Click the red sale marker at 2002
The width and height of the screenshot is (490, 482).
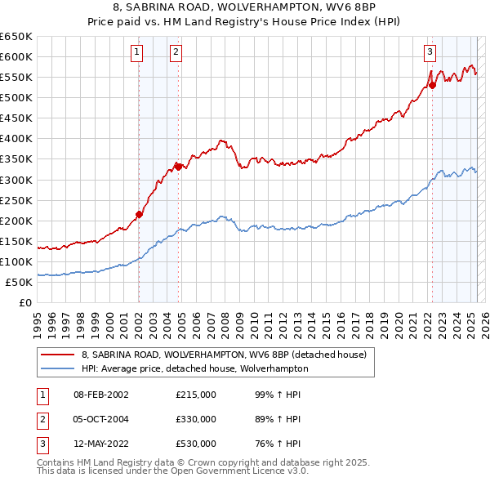139,214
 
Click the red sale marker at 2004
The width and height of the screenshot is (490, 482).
177,167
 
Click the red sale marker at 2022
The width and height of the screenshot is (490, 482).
432,85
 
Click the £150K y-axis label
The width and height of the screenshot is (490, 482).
16,241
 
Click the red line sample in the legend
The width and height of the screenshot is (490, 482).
57,355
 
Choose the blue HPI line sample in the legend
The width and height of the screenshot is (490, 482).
57,368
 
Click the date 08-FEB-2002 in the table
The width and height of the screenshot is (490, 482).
101,395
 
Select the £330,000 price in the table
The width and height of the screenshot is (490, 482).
196,419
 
